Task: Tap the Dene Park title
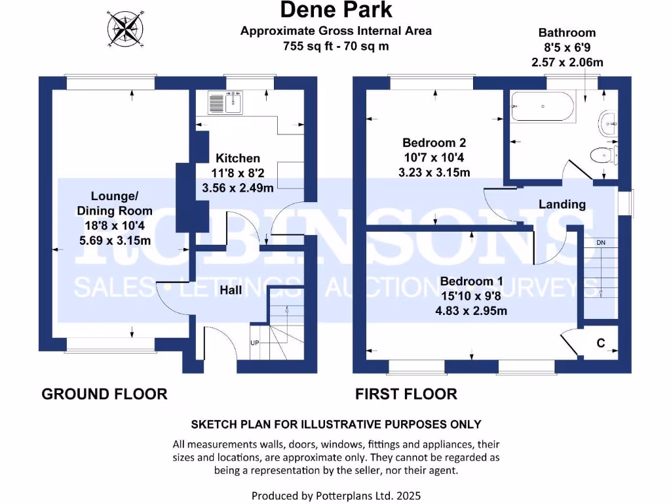click(336, 10)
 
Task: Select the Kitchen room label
click(238, 158)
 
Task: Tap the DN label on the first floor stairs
click(600, 243)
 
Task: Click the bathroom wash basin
click(607, 123)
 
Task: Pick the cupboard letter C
click(600, 343)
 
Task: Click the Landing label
click(562, 204)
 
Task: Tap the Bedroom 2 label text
click(434, 143)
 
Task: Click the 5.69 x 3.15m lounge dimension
click(115, 240)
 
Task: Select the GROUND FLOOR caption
click(104, 394)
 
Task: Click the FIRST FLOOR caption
click(406, 394)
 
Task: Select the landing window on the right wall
click(630, 203)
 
